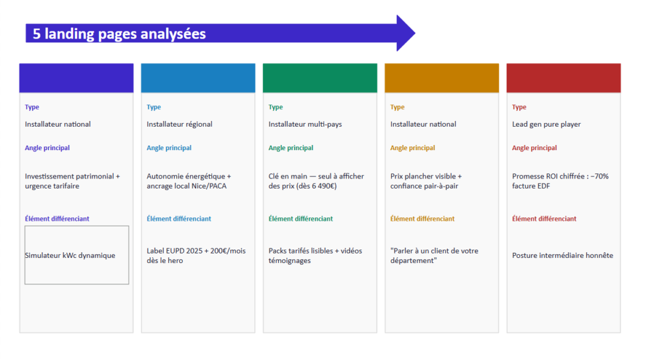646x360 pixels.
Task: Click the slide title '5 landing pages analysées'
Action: pyautogui.click(x=119, y=34)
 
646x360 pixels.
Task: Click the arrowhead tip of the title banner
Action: pyautogui.click(x=415, y=33)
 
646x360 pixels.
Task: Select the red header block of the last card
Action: pyautogui.click(x=563, y=78)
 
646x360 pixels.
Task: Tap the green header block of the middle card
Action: pyautogui.click(x=320, y=78)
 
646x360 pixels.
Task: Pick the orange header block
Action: pyautogui.click(x=442, y=78)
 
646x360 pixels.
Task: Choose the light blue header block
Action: pyautogui.click(x=198, y=78)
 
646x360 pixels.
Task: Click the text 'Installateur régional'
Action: pyautogui.click(x=180, y=124)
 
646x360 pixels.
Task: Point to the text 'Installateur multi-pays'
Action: pyautogui.click(x=305, y=124)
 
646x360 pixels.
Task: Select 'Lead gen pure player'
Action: pyautogui.click(x=546, y=124)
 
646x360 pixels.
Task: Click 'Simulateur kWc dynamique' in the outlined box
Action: pyautogui.click(x=70, y=255)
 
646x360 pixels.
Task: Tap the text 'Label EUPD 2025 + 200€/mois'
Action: pyautogui.click(x=196, y=251)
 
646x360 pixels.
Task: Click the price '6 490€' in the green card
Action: pyautogui.click(x=321, y=186)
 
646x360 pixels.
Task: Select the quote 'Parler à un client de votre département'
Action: pyautogui.click(x=434, y=256)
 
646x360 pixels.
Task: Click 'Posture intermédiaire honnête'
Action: pyautogui.click(x=562, y=255)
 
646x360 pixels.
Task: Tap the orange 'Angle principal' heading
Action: pyautogui.click(x=413, y=148)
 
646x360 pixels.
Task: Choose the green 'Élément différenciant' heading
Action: pyautogui.click(x=301, y=219)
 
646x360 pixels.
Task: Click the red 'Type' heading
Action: pyautogui.click(x=519, y=107)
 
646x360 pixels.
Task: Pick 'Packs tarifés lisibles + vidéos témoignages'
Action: pyautogui.click(x=315, y=256)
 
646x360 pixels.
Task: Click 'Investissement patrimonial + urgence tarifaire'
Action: pyautogui.click(x=72, y=181)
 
